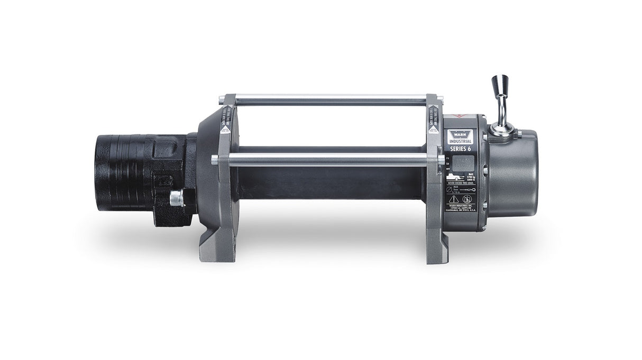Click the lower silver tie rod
click(x=328, y=158)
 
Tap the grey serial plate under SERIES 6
click(x=461, y=163)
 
